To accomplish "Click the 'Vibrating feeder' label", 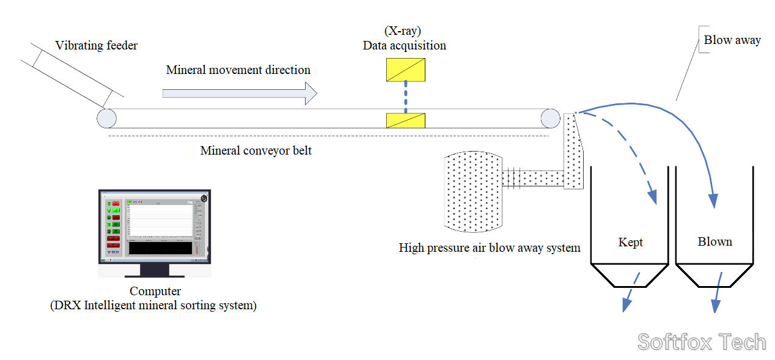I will (96, 46).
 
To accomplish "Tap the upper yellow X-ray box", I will (405, 70).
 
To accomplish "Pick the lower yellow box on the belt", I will (405, 120).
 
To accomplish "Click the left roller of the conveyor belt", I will (106, 118).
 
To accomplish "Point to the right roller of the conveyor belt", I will (549, 118).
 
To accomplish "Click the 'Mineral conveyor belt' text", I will (255, 150).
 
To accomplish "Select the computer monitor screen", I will (155, 225).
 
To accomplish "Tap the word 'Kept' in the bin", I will (630, 243).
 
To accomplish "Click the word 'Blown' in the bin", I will (714, 242).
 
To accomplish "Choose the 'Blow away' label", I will (732, 40).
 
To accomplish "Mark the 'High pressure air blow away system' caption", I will (489, 248).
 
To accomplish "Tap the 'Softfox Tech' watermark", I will (702, 342).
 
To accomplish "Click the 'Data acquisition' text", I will (404, 46).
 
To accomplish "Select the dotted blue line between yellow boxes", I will (405, 98).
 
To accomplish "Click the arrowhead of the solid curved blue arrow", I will (713, 201).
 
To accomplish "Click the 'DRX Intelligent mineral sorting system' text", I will (153, 305).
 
